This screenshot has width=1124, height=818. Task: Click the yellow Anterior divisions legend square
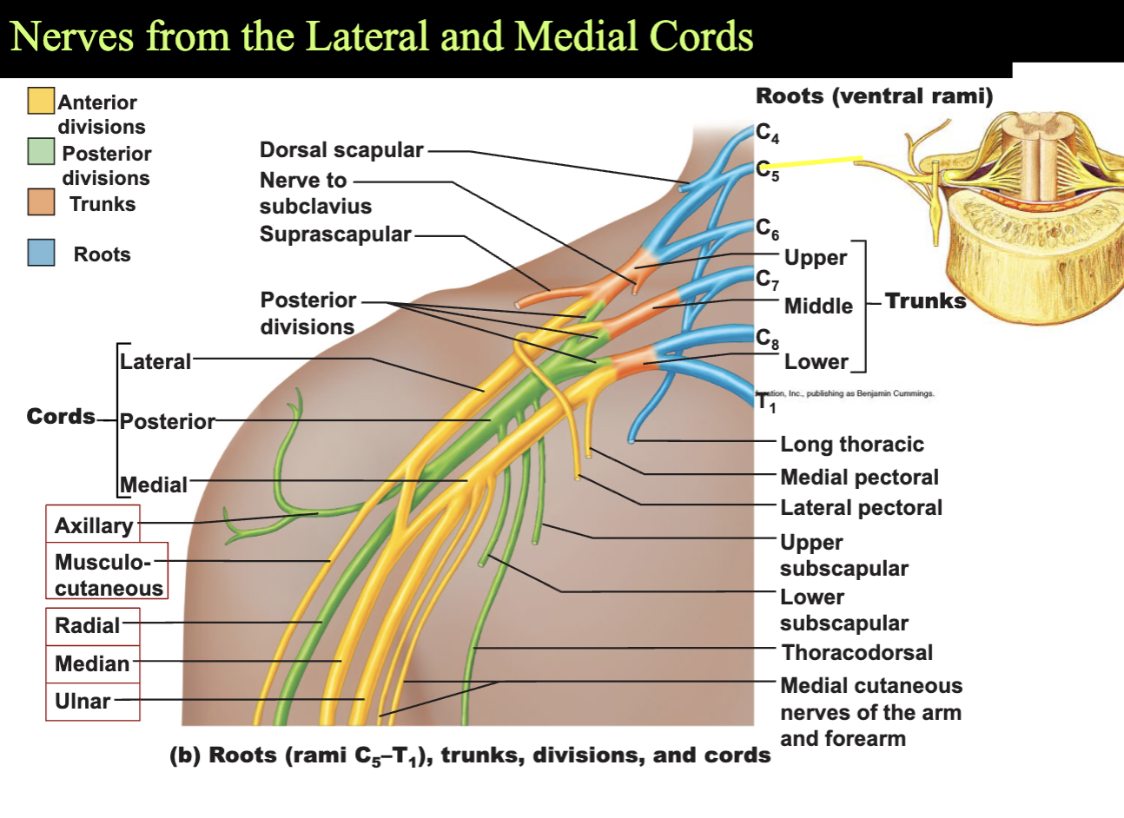(41, 101)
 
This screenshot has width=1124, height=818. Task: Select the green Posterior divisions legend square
(41, 151)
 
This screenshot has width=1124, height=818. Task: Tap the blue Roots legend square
(41, 253)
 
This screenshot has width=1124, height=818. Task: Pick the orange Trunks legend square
(41, 201)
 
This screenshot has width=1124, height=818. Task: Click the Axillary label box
(93, 524)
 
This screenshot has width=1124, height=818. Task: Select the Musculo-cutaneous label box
(107, 571)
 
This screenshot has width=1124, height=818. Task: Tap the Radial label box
(93, 626)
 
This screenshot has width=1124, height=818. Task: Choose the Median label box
(93, 664)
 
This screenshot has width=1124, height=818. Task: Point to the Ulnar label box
(93, 702)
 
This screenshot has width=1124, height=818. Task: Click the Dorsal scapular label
(341, 149)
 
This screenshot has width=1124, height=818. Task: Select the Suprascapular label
(335, 234)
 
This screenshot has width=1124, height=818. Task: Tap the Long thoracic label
(852, 445)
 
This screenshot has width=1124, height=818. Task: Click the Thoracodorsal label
(857, 652)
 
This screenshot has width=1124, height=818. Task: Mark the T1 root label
(766, 403)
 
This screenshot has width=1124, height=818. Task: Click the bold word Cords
(61, 416)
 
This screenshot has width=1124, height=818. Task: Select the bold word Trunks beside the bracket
(925, 301)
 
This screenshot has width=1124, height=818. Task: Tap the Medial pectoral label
(860, 477)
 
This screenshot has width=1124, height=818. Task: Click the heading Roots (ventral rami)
(875, 96)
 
